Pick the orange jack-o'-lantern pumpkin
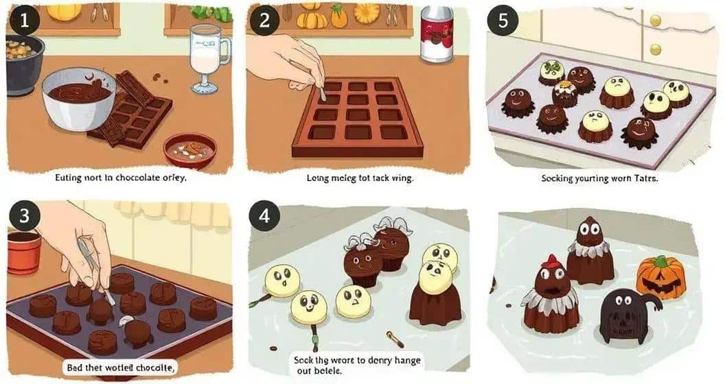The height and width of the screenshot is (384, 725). (x=660, y=277)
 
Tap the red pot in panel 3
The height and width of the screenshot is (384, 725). (x=24, y=251)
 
